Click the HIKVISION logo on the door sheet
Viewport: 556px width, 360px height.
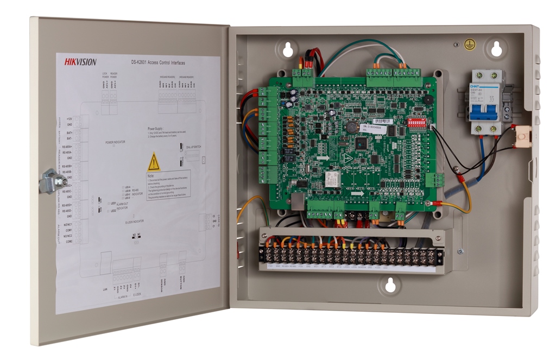pyautogui.click(x=80, y=62)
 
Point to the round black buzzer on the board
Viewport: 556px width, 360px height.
pyautogui.click(x=429, y=100)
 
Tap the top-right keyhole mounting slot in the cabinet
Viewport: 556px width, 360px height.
pyautogui.click(x=496, y=48)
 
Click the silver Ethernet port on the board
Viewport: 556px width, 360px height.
pyautogui.click(x=299, y=201)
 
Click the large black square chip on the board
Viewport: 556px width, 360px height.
pyautogui.click(x=361, y=143)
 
